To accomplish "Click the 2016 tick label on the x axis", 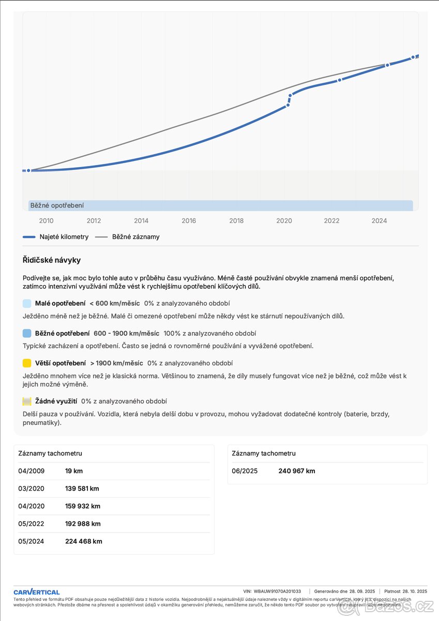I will click(x=189, y=221).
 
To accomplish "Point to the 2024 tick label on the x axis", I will click(x=379, y=221).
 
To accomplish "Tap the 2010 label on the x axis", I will click(x=46, y=221).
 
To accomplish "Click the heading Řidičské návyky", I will click(x=52, y=260).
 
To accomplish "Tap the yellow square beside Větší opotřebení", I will click(x=27, y=363).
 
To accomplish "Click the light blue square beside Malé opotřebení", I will click(x=27, y=303).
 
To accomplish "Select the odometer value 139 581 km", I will click(x=82, y=489).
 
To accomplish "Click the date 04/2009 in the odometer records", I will click(x=32, y=471).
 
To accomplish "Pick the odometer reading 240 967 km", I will click(x=296, y=471).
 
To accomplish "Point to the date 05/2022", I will click(x=32, y=524).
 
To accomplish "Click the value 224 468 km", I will click(x=84, y=541).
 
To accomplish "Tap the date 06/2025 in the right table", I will click(x=245, y=471).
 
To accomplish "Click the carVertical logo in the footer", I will click(x=37, y=592).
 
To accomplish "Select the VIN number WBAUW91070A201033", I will click(x=277, y=591).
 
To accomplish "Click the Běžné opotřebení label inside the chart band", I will click(x=57, y=205).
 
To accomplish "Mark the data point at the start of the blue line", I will click(x=28, y=170).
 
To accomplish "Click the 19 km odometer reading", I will click(x=74, y=471).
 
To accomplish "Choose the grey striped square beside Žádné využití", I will click(x=27, y=401).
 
